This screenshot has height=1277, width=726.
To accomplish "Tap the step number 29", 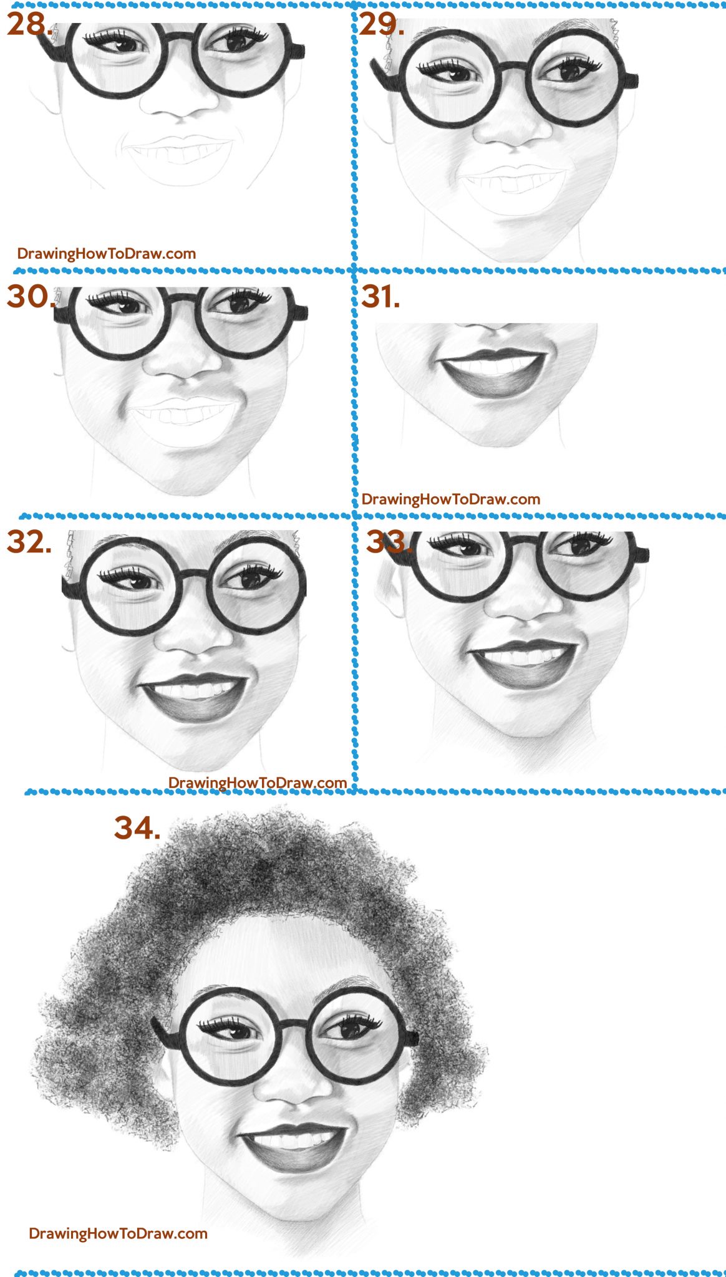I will (381, 24).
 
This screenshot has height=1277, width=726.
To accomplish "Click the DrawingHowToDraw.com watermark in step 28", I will (107, 254).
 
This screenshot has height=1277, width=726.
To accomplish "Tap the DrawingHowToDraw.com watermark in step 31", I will (451, 499).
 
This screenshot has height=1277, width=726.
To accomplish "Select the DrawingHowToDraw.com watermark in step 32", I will (258, 783).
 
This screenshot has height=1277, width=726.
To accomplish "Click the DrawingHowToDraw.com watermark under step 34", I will (119, 1233).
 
